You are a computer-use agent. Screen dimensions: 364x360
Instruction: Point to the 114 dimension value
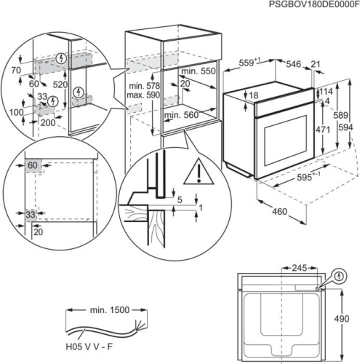pos(326,91)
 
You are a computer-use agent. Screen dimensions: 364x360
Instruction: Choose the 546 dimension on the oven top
pos(293,65)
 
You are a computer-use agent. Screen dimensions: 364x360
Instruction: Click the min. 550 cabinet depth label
pos(199,73)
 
